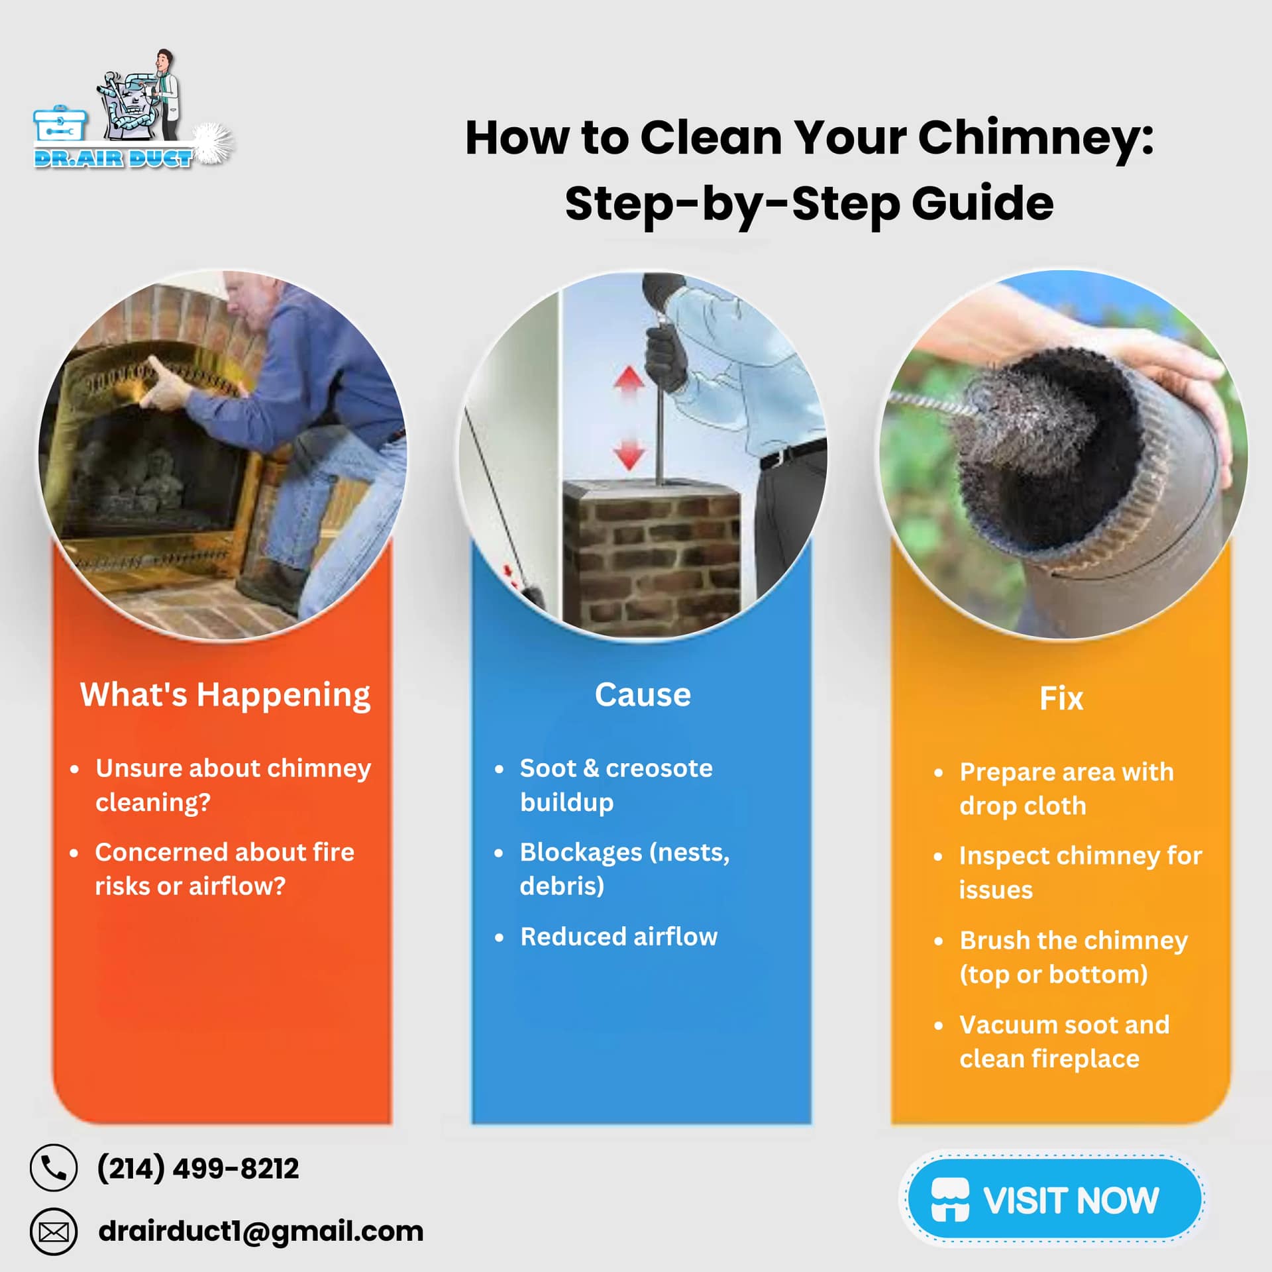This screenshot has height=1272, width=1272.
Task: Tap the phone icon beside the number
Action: coord(54,1167)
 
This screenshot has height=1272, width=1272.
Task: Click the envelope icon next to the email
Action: coord(54,1232)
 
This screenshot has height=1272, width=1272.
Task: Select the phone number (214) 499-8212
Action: coord(197,1168)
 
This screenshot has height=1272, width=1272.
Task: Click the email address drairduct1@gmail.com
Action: coord(260,1232)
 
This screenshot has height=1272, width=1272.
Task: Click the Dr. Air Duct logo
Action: coord(132,113)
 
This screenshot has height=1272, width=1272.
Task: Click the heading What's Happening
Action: coord(225,694)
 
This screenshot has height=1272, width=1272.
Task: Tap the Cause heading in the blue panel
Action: coord(642,694)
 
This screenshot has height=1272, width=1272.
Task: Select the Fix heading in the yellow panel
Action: coord(1061,698)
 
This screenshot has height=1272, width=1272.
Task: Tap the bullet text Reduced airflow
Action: coord(618,937)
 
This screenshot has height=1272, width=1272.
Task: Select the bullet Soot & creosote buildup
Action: coord(615,785)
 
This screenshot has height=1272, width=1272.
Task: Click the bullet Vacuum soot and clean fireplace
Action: coord(1063,1041)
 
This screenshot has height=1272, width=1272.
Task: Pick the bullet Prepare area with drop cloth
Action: coord(1066,788)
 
